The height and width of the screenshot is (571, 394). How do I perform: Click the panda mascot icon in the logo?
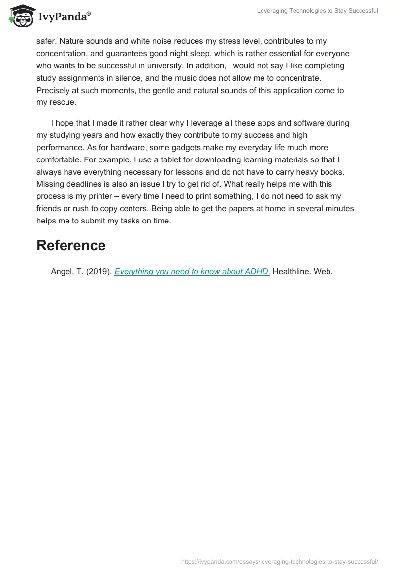[x=21, y=16]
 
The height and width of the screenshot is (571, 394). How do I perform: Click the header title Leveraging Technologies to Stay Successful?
[x=317, y=11]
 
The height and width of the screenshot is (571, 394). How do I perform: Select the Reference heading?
[x=71, y=245]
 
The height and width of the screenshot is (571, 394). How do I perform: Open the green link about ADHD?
[x=192, y=271]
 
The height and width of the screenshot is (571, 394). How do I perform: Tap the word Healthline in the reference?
[x=291, y=271]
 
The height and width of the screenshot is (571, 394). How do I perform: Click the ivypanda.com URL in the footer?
[x=280, y=561]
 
